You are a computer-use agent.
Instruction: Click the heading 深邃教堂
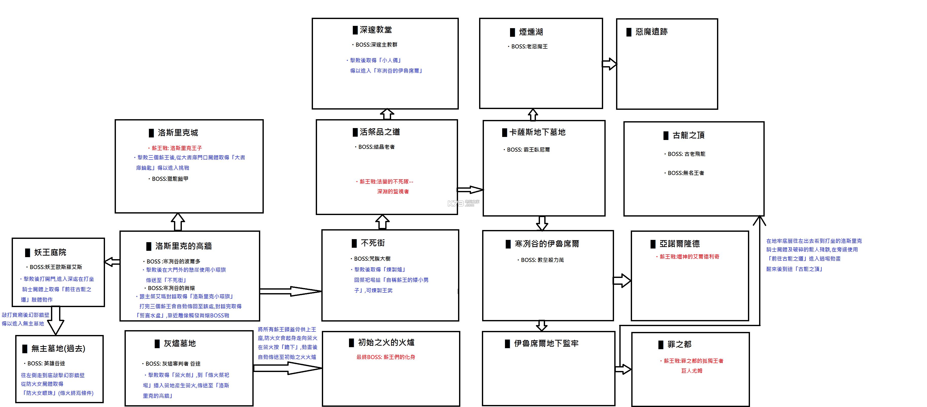click(376, 30)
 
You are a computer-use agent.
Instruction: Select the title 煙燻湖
click(530, 32)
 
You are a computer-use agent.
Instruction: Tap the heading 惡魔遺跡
click(651, 32)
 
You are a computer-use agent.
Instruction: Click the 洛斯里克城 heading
click(178, 133)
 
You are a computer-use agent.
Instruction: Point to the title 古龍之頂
click(688, 135)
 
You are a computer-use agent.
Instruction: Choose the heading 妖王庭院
click(50, 253)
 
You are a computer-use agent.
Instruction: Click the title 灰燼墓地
click(179, 344)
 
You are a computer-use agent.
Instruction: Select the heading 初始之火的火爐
click(386, 343)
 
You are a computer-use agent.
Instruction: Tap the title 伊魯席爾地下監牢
click(546, 344)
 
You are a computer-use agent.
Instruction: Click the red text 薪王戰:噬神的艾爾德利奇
click(689, 257)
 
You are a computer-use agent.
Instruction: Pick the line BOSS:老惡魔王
click(529, 47)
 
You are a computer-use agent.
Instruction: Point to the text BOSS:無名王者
click(686, 173)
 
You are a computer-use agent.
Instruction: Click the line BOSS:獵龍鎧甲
click(170, 179)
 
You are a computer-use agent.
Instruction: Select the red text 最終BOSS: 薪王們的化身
click(386, 357)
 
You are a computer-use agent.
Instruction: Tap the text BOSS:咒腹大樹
click(372, 259)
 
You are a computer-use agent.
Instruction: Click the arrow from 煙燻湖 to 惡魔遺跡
click(609, 64)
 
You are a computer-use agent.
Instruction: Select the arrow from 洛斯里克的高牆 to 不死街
click(290, 291)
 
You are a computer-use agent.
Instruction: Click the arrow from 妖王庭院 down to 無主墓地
click(56, 320)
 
